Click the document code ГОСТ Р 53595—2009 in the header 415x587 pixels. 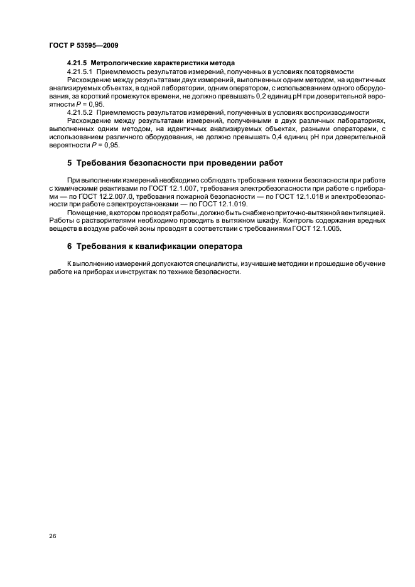pyautogui.click(x=83, y=46)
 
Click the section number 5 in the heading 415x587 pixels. pyautogui.click(x=70, y=164)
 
